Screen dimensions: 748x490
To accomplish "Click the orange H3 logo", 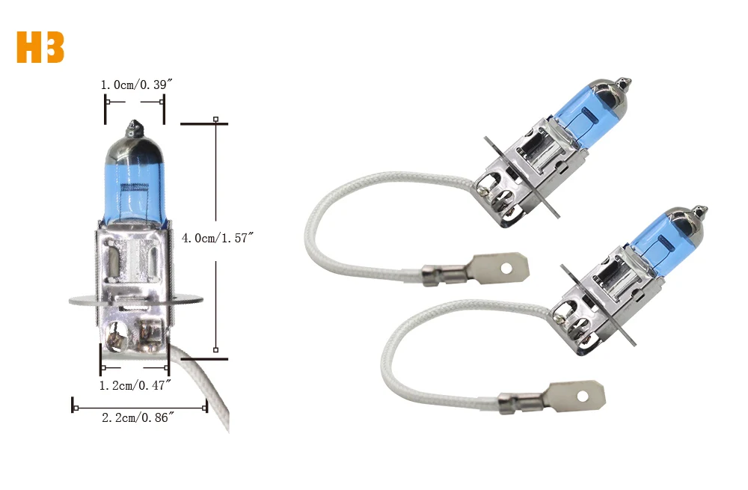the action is coord(40,47).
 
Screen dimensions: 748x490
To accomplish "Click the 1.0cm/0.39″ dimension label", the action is coord(136,85).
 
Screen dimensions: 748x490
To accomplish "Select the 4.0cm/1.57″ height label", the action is coord(218,238).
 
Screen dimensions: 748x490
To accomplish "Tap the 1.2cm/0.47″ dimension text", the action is coord(135,385).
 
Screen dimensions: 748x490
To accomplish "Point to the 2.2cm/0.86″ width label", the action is coord(138,417).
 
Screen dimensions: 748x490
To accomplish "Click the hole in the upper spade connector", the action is coord(506,269).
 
